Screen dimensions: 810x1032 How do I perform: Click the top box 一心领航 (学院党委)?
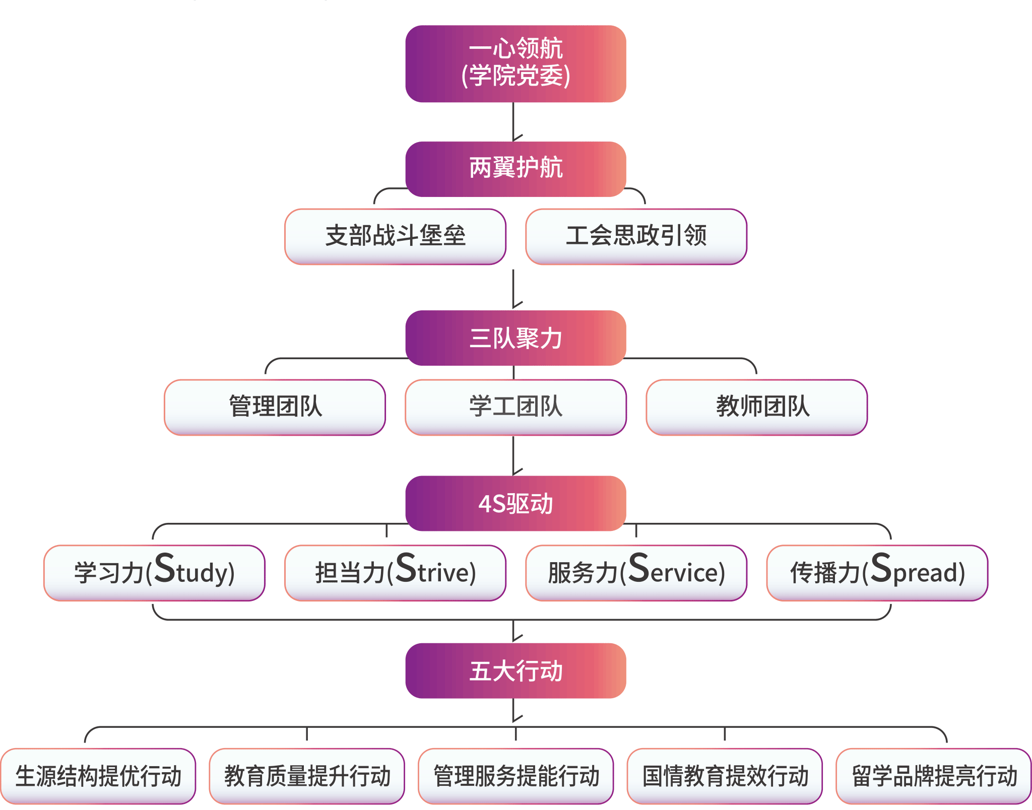(x=515, y=63)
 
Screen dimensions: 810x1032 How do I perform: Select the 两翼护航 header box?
(x=515, y=168)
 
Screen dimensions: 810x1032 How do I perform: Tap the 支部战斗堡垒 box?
(x=395, y=236)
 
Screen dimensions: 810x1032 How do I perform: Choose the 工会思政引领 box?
(x=636, y=236)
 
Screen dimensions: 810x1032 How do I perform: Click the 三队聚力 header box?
(x=515, y=338)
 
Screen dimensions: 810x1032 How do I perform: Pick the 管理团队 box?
(x=275, y=407)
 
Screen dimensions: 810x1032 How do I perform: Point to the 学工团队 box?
(x=515, y=407)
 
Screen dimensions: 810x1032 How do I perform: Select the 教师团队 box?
(x=756, y=407)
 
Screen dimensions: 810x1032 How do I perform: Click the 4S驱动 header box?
(x=515, y=503)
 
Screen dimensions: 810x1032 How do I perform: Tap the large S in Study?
(x=164, y=568)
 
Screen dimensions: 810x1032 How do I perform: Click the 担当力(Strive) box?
(x=395, y=573)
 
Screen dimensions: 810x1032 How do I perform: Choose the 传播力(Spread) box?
(x=877, y=573)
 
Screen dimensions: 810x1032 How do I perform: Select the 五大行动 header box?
(x=515, y=670)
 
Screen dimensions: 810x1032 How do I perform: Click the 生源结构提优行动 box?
(x=98, y=776)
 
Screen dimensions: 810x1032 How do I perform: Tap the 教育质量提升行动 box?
(x=307, y=776)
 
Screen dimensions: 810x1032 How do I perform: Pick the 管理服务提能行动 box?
(x=515, y=776)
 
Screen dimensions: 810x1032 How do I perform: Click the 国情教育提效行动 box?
(x=725, y=776)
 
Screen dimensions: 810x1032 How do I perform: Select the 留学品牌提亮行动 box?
(x=934, y=776)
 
